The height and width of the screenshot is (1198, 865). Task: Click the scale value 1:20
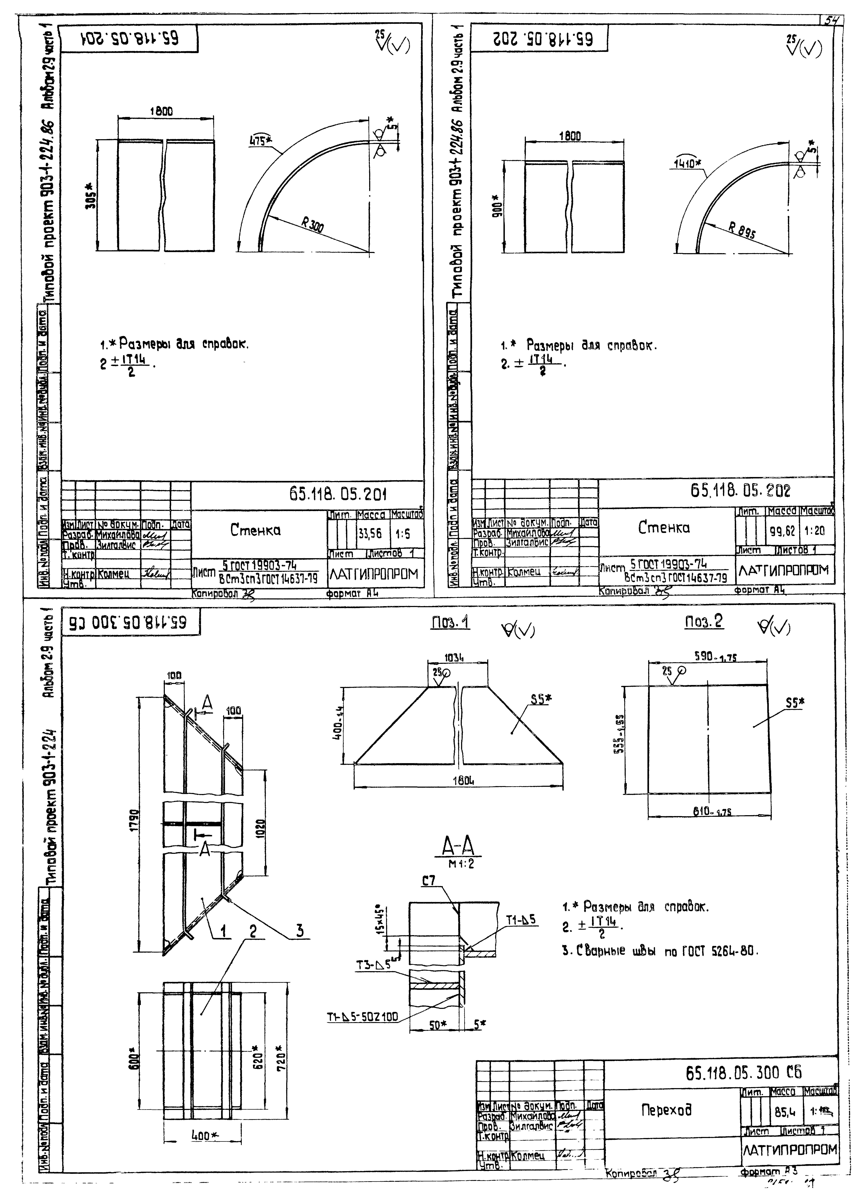coord(816,531)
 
